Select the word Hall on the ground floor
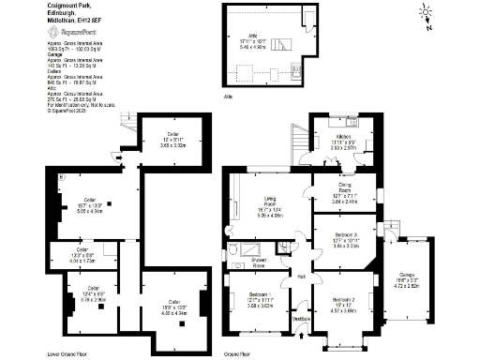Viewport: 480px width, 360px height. click(x=302, y=277)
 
